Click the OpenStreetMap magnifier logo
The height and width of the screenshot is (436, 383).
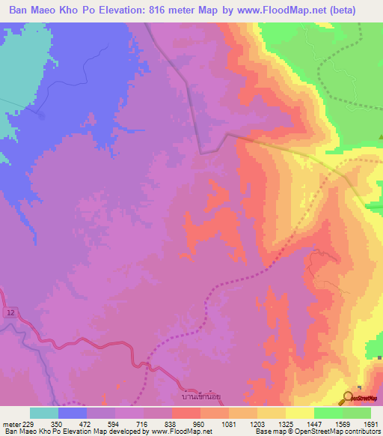pos(347,398)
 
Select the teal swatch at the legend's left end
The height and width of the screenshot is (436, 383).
pos(44,413)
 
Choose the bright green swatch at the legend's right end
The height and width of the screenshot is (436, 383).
pos(357,413)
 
